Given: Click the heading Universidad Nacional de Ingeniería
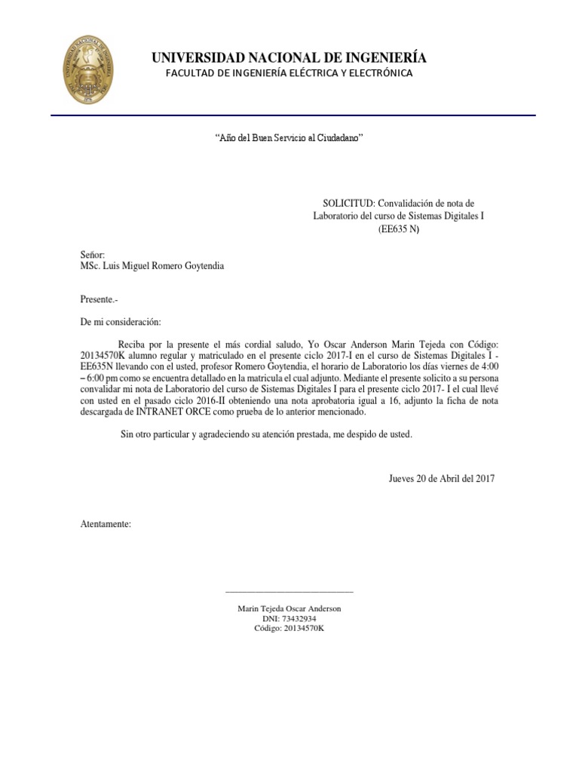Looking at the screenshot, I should pyautogui.click(x=289, y=58).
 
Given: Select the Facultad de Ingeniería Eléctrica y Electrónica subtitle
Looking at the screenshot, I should pyautogui.click(x=289, y=73).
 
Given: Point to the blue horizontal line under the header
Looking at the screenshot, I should pyautogui.click(x=293, y=115).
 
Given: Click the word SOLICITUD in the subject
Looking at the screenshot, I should pyautogui.click(x=348, y=204).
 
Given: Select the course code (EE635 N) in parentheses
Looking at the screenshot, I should pyautogui.click(x=398, y=229).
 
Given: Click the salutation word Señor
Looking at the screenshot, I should pyautogui.click(x=93, y=255).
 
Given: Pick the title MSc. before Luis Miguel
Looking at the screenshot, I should pyautogui.click(x=92, y=265).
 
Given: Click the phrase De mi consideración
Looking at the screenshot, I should pyautogui.click(x=121, y=322).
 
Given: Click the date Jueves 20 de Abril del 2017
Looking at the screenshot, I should pyautogui.click(x=441, y=479).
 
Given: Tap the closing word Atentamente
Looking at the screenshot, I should pyautogui.click(x=106, y=523).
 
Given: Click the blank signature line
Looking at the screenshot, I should pyautogui.click(x=289, y=592).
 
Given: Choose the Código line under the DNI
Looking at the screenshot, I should pyautogui.click(x=289, y=628).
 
